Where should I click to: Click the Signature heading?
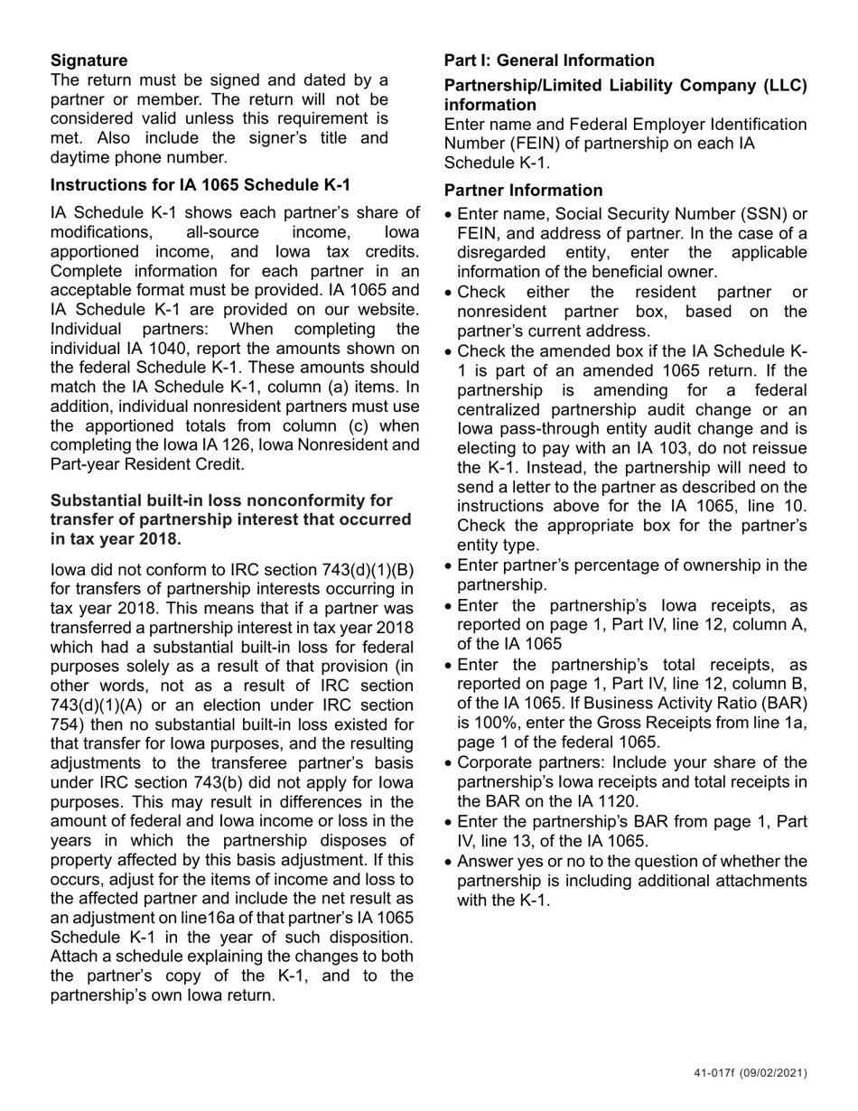[x=89, y=61]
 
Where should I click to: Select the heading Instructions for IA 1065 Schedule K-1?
[x=200, y=185]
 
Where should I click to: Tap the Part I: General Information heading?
[x=548, y=61]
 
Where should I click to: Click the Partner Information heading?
[x=523, y=191]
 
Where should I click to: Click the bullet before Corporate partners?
[x=450, y=763]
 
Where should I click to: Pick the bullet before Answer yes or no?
[x=450, y=862]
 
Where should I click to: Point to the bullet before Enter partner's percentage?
[x=450, y=566]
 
